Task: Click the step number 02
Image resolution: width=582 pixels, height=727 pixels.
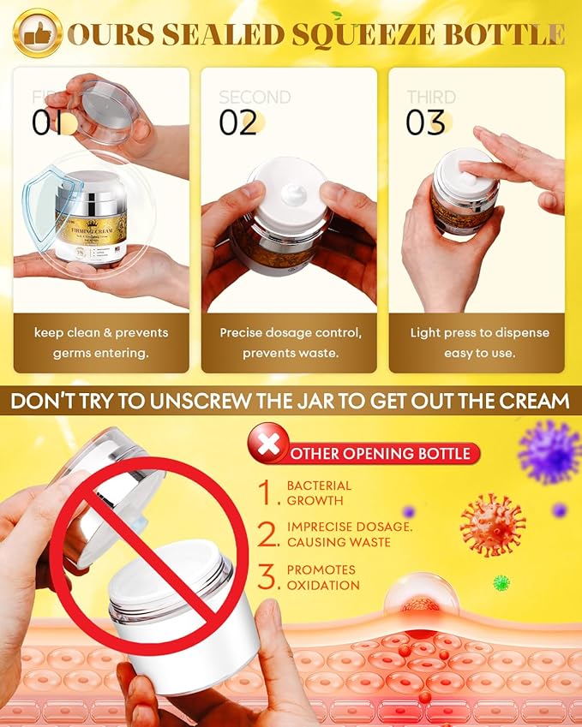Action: point(238,122)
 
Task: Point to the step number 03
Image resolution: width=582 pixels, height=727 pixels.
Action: point(426,122)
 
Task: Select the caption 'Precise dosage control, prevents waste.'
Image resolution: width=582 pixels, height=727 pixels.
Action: point(289,342)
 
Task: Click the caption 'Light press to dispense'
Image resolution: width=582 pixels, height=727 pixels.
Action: point(479,332)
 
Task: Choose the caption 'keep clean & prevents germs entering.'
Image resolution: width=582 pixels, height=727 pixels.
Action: point(101,342)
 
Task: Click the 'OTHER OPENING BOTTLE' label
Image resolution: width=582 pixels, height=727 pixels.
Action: point(381,453)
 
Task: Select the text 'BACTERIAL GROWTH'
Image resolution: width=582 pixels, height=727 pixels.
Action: point(319,492)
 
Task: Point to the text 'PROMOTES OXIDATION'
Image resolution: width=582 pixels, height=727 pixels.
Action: point(321,577)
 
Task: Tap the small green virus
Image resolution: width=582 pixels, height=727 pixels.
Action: point(501,582)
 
